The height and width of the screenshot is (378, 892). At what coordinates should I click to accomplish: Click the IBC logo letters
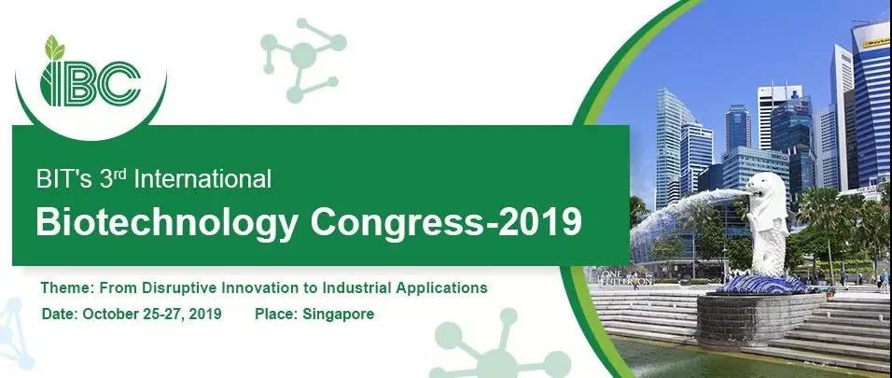point(91,83)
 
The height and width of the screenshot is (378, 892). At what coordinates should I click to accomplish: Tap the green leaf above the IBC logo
point(55,48)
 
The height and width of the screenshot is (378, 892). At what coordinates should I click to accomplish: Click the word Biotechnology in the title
point(167,221)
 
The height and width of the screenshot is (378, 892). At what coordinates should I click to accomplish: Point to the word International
point(202,179)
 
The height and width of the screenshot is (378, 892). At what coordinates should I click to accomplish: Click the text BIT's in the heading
point(63,179)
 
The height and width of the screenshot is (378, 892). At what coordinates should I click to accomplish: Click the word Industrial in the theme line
point(356,287)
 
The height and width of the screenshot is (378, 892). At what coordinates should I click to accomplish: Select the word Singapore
point(338,315)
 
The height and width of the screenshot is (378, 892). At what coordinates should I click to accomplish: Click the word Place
point(276,314)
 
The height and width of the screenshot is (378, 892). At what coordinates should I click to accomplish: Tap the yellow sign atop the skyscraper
point(875,42)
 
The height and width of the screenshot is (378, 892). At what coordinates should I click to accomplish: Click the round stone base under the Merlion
point(760,319)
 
